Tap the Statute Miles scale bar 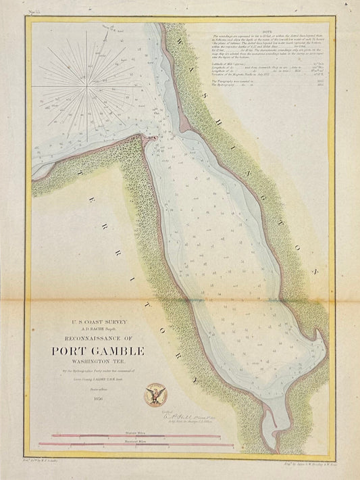pyautogui.click(x=135, y=432)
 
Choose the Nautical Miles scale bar pyautogui.click(x=135, y=443)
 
